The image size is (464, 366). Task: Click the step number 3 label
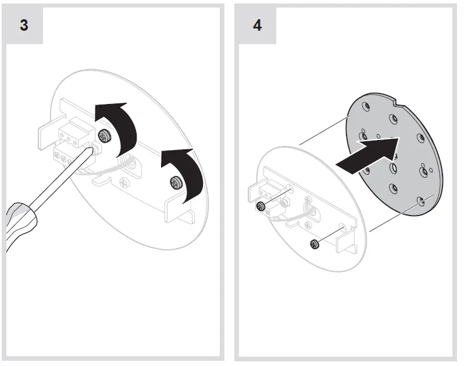(24, 27)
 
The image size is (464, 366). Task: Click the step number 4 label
(257, 27)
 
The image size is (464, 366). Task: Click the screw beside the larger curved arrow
(105, 137)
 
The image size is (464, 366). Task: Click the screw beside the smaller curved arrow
(174, 184)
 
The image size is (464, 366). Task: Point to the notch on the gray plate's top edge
(396, 105)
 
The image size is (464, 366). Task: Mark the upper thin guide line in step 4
(323, 130)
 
